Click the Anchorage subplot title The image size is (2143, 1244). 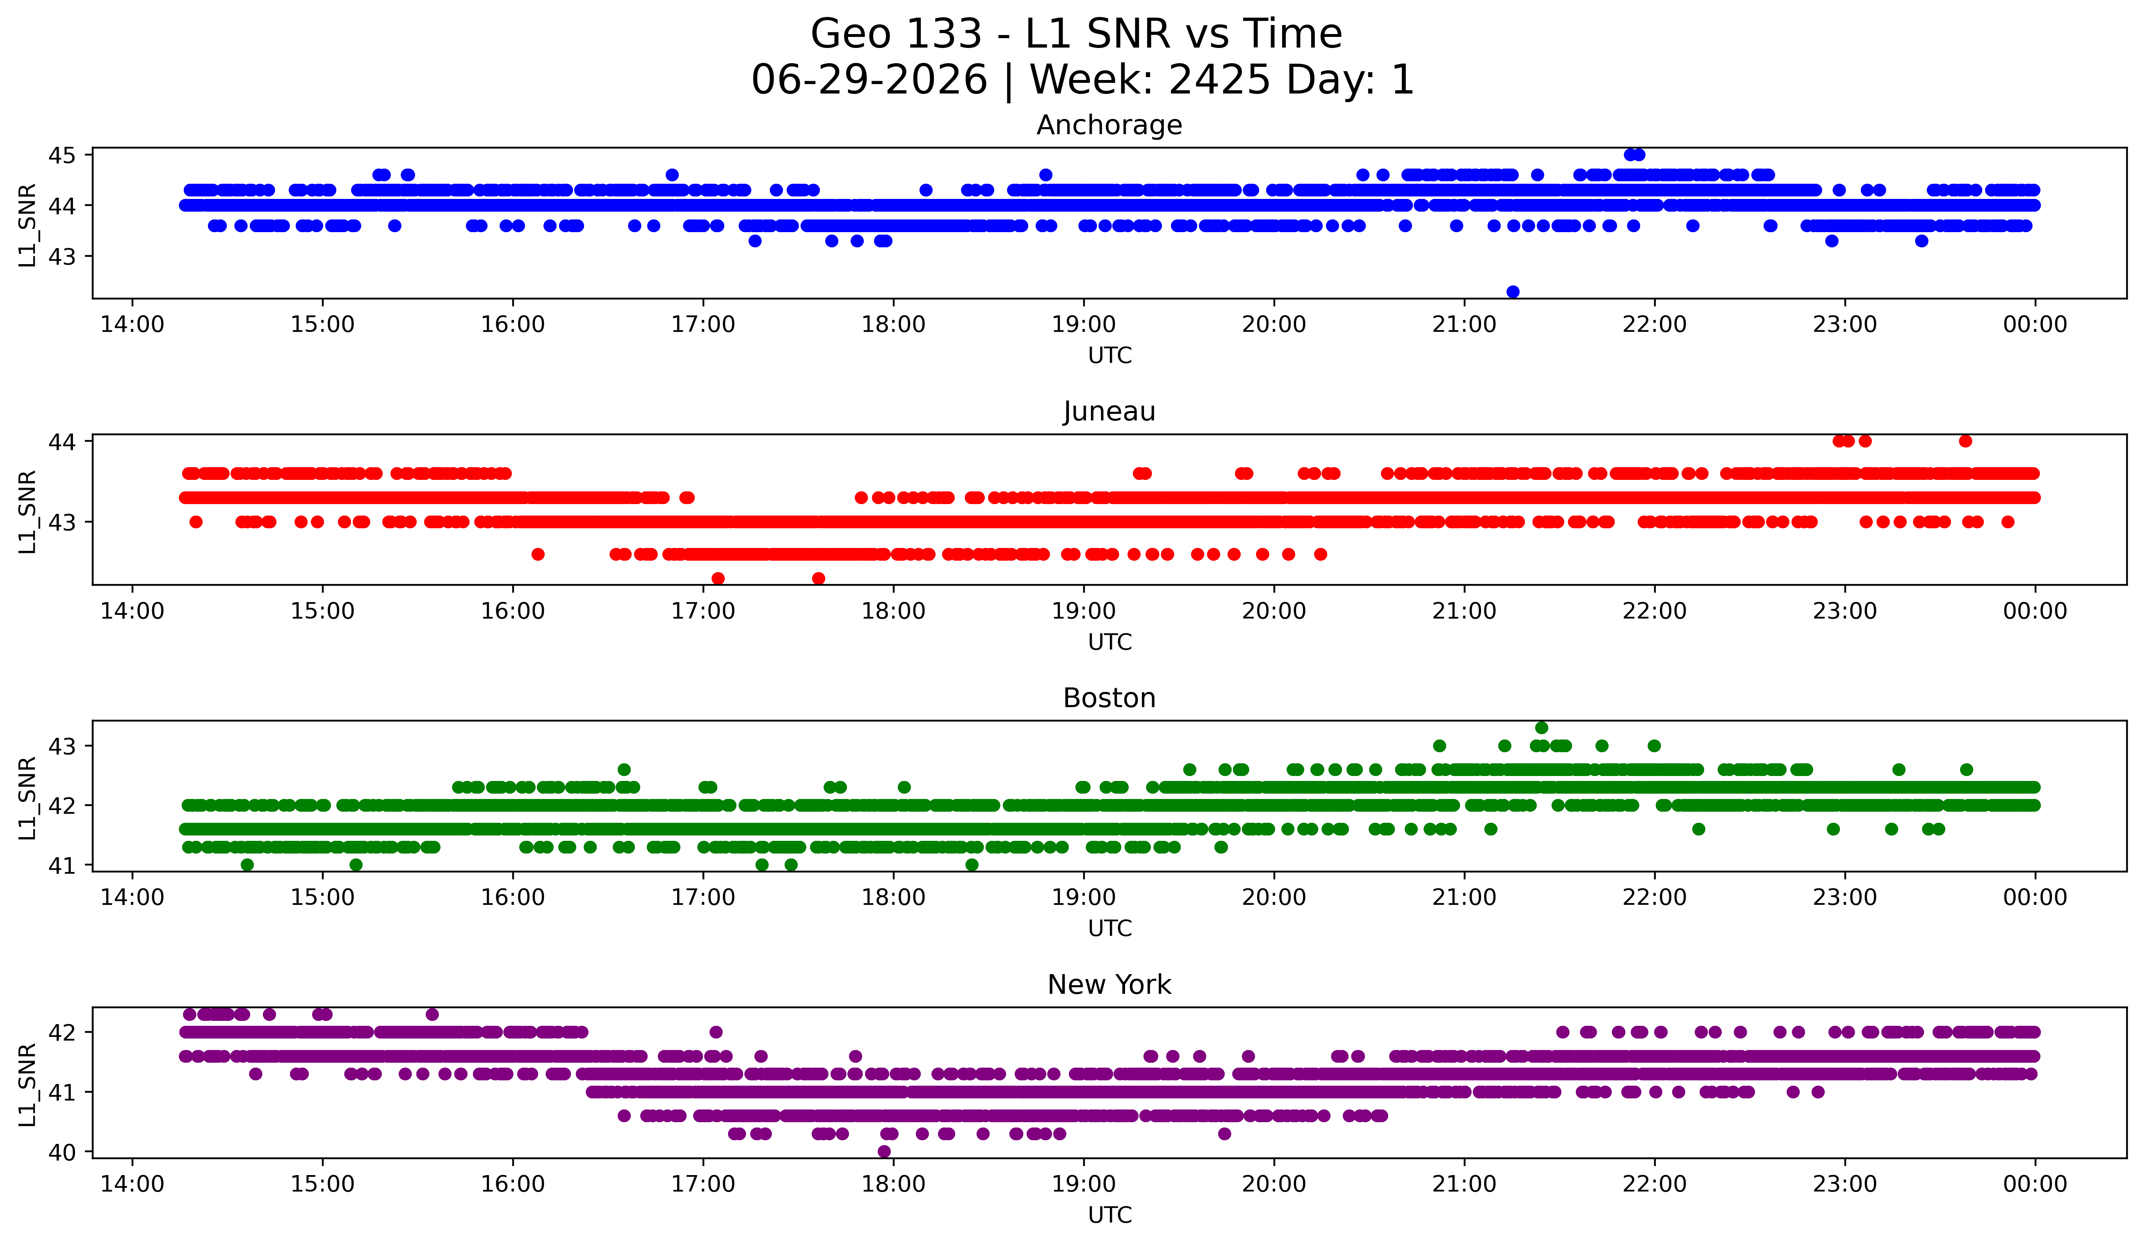[x=1109, y=125]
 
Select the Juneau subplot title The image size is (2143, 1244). [x=1109, y=411]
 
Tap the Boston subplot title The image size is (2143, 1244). [x=1109, y=698]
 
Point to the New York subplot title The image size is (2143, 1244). [x=1109, y=985]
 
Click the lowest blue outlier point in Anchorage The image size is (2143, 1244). [x=1513, y=292]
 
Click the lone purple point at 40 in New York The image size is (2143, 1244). [x=884, y=1151]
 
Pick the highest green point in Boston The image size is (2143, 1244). [x=1542, y=728]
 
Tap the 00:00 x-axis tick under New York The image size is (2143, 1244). [x=2035, y=1184]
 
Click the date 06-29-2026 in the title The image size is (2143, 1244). [x=869, y=80]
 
